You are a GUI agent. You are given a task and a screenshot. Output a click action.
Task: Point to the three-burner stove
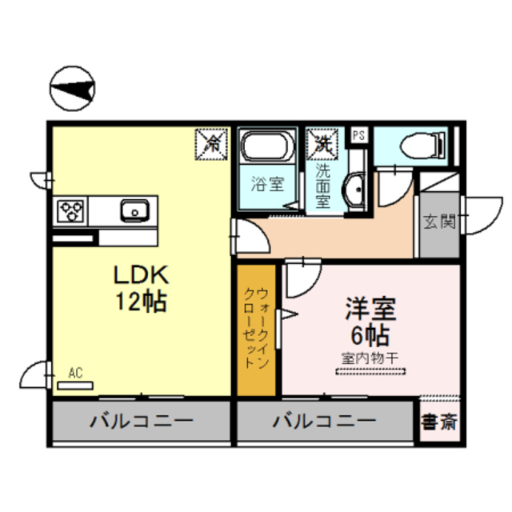point(71,212)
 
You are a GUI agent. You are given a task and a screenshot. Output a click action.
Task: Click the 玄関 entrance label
point(439,222)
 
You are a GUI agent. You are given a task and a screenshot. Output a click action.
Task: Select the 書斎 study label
point(439,421)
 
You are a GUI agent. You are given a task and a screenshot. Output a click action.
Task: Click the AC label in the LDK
point(76,372)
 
